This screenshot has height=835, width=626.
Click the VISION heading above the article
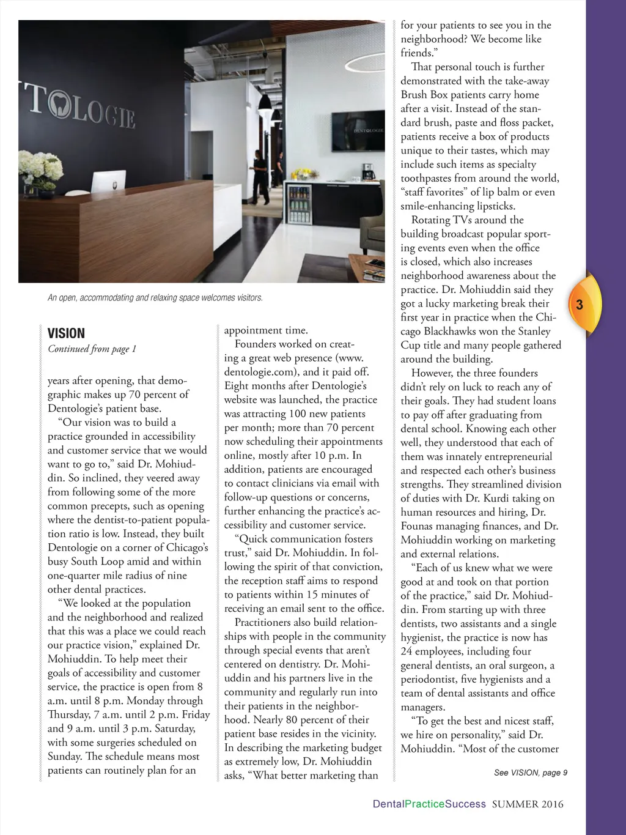66,333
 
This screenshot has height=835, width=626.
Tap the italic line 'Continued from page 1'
92,349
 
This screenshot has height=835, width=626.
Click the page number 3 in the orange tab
580,305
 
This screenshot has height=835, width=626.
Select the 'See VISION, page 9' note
531,773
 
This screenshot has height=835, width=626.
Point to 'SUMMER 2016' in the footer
528,804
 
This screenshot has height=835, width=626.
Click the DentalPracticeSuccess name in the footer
429,804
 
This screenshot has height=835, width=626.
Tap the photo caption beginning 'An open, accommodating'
155,298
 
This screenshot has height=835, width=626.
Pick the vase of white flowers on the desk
41,168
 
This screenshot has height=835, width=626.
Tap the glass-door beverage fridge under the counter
299,204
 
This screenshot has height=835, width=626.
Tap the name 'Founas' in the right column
419,526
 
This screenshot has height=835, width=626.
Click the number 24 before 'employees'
407,651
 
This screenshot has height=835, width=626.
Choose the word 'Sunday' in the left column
65,756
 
